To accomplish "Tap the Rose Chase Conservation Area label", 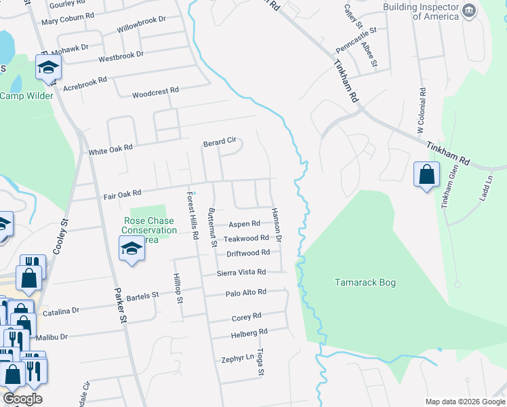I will [x=148, y=230].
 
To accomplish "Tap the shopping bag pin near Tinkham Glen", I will [x=426, y=175].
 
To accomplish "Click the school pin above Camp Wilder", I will [x=49, y=68].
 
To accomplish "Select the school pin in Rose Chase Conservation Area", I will [x=132, y=248].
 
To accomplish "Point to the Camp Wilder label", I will [x=26, y=96].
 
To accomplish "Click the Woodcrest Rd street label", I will [x=155, y=91].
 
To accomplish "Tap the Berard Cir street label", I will [x=220, y=142].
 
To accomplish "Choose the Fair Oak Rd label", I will [x=122, y=195].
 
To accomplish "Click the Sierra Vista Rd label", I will [x=241, y=272].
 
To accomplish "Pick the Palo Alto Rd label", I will [x=246, y=292].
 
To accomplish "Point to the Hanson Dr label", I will [x=277, y=225].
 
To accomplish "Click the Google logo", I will [x=22, y=400].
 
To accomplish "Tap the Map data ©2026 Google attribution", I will [x=465, y=402].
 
